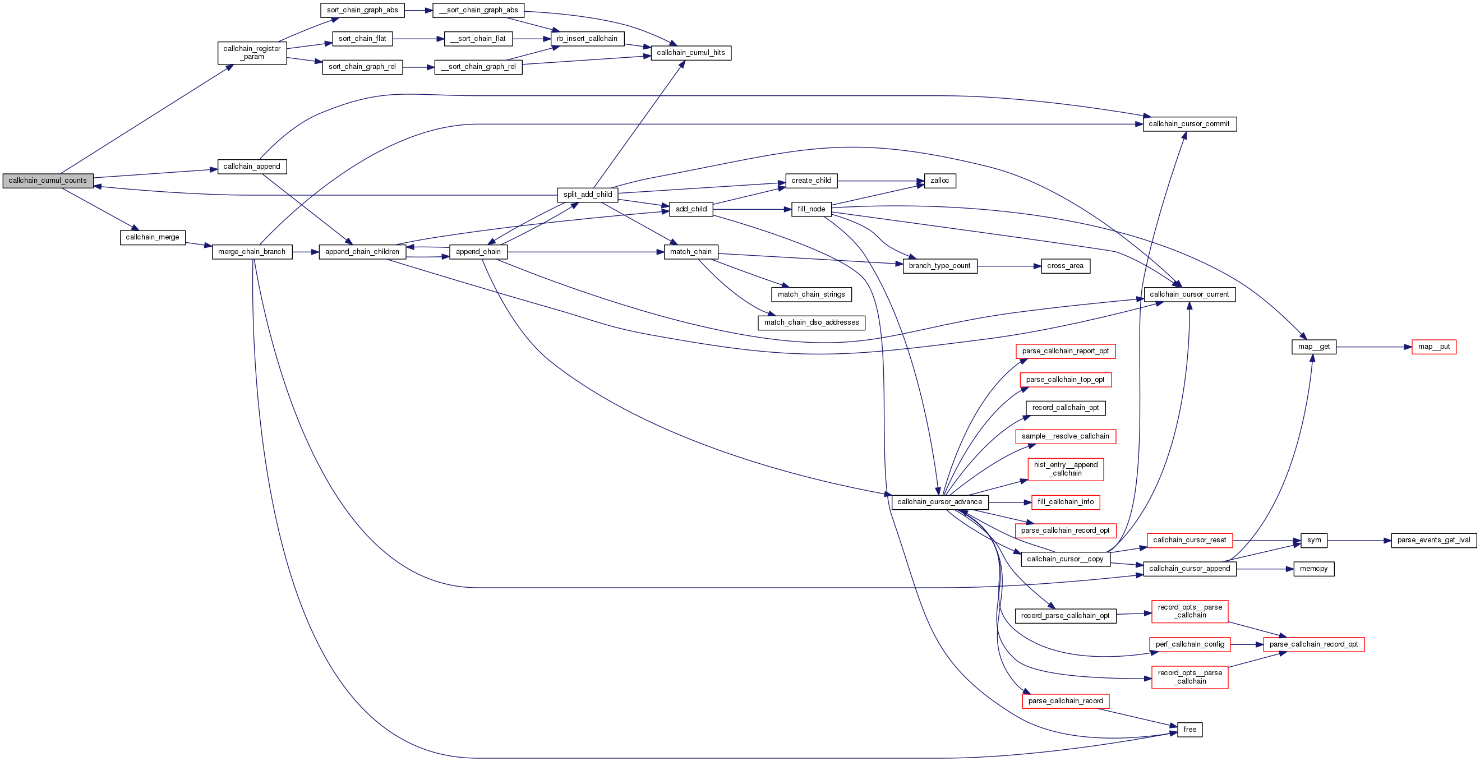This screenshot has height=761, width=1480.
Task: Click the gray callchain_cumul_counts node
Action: (x=48, y=181)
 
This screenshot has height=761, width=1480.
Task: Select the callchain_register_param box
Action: (x=252, y=53)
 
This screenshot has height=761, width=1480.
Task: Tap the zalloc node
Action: (x=939, y=181)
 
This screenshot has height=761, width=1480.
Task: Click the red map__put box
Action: (x=1433, y=347)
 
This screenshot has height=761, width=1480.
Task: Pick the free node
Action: (x=1189, y=730)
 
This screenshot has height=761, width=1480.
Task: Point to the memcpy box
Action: (x=1313, y=569)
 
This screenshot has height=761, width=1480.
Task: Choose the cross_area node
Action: (x=1064, y=266)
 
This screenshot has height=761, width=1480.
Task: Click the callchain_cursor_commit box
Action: (x=1189, y=124)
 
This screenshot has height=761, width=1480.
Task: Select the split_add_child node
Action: (x=587, y=195)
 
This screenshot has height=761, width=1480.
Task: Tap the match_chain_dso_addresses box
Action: (x=811, y=323)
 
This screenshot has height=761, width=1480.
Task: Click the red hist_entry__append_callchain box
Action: (x=1065, y=469)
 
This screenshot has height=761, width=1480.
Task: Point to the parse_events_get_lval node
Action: (x=1433, y=541)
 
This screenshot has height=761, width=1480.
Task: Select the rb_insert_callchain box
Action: (x=587, y=39)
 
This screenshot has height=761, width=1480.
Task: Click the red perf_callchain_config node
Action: (x=1189, y=644)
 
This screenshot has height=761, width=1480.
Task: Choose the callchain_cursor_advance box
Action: (x=939, y=502)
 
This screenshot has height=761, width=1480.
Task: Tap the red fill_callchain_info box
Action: (x=1065, y=502)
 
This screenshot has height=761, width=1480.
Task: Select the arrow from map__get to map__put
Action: (x=1373, y=347)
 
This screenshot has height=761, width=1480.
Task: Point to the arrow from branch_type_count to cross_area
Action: (x=1009, y=266)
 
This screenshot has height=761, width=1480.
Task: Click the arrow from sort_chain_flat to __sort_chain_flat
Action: (x=418, y=39)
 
